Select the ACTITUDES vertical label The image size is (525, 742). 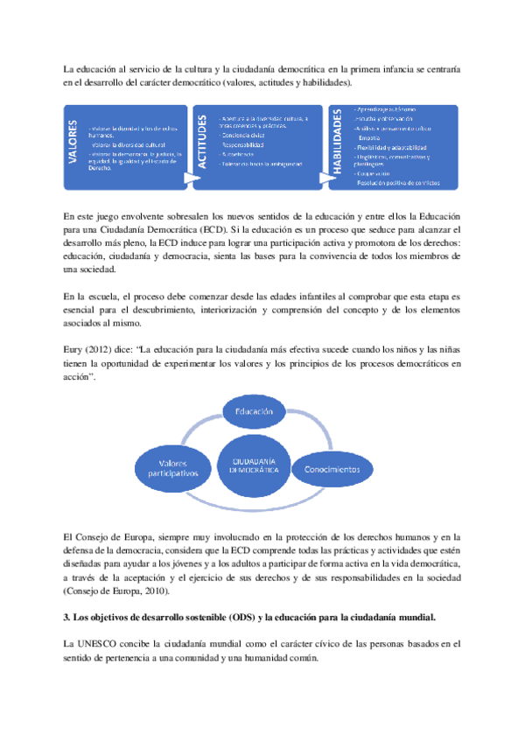[x=202, y=146]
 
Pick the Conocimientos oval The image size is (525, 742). [x=332, y=469]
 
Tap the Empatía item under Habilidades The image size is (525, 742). [x=370, y=137]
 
